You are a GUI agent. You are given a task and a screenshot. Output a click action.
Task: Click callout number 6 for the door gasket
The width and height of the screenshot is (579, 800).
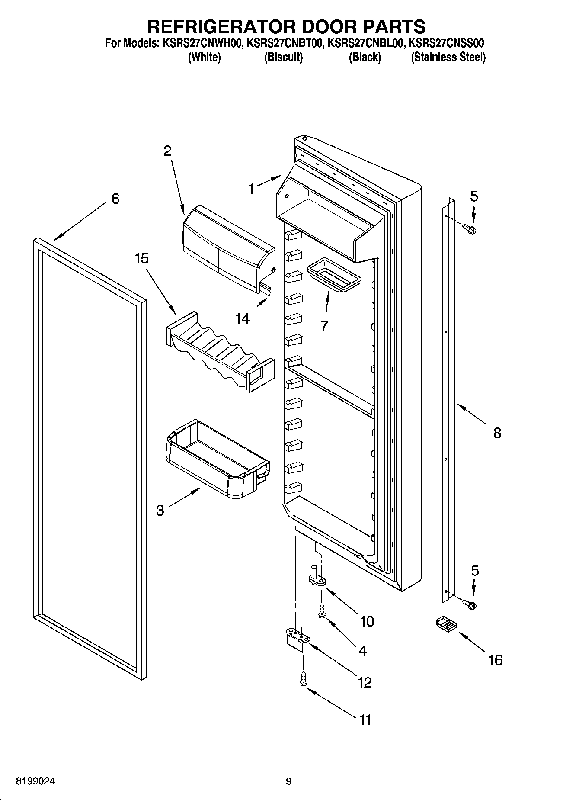click(115, 199)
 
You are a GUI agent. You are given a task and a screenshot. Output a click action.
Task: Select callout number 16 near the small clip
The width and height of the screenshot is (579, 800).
click(496, 660)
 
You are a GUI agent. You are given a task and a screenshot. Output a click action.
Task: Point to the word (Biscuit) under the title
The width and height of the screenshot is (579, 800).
click(283, 58)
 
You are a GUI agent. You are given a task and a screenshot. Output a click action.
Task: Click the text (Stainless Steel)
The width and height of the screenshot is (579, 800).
click(448, 58)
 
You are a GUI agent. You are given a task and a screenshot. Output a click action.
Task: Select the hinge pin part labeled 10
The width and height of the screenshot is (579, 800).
click(317, 576)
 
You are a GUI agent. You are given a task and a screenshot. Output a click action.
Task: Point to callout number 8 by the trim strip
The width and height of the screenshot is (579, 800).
click(497, 432)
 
